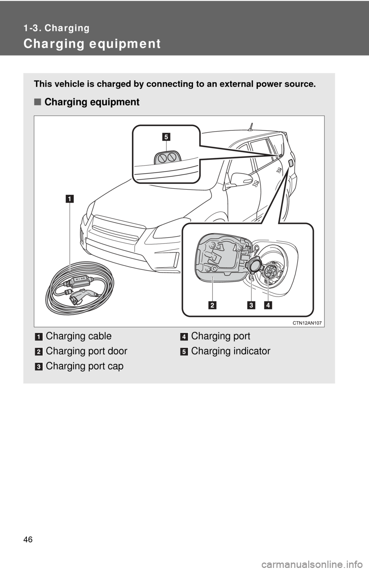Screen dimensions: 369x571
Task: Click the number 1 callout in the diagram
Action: [70, 199]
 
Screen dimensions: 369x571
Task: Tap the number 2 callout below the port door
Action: [212, 305]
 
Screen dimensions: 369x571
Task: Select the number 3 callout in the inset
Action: [251, 305]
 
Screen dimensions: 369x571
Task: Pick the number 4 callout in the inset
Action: [268, 305]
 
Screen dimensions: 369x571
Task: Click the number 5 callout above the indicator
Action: [166, 137]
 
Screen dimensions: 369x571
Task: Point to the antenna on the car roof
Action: [251, 127]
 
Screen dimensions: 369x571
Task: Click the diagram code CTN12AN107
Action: [307, 323]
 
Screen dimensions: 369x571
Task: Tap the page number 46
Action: [28, 539]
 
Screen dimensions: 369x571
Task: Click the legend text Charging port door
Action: [86, 351]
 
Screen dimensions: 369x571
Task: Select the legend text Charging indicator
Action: [231, 351]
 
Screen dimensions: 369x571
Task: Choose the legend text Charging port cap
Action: [85, 366]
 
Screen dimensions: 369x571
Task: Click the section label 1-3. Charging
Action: [56, 28]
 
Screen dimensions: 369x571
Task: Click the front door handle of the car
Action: [256, 183]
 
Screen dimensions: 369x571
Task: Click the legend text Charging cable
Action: [79, 336]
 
